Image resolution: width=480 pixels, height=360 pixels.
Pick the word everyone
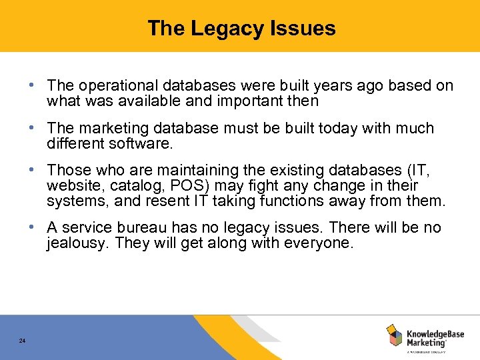point(319,243)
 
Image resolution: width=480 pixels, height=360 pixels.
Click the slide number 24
point(22,341)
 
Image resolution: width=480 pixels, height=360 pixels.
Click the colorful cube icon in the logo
point(394,335)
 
